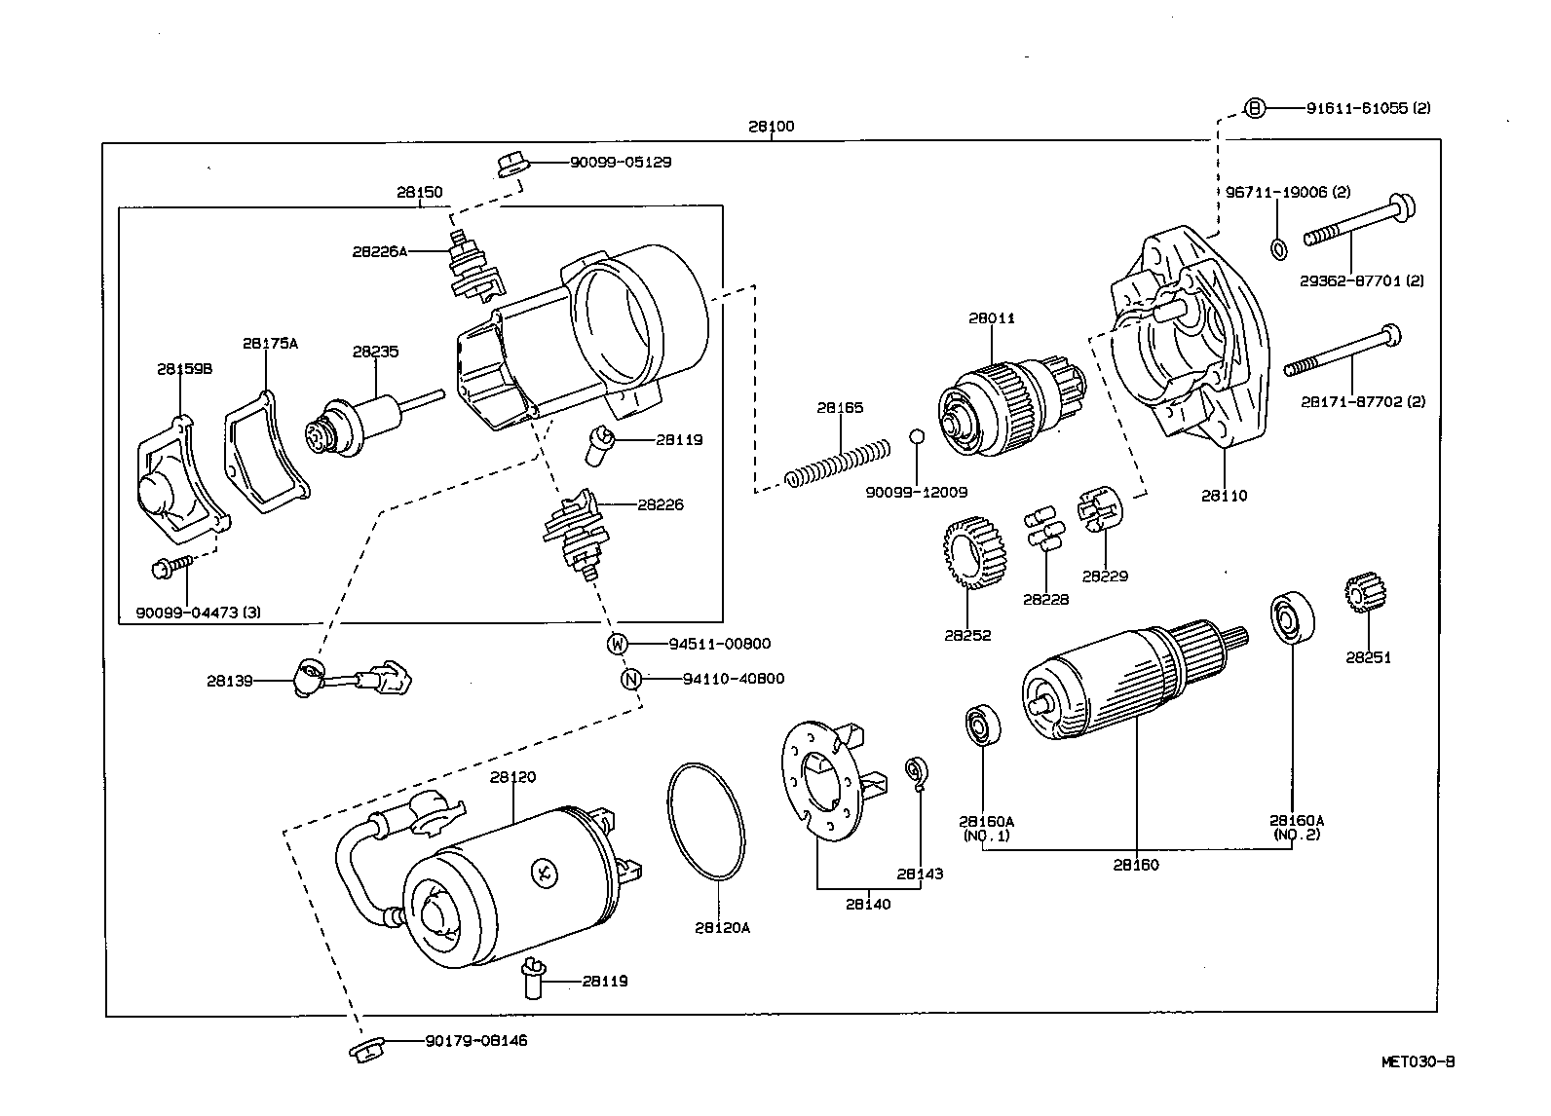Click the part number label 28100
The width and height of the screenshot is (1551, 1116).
771,126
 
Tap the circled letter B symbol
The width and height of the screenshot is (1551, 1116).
1256,108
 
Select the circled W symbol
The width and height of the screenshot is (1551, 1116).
618,644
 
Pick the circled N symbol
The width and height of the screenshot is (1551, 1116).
632,679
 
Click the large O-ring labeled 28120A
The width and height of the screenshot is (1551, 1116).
705,822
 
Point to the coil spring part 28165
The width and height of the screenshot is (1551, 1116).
838,463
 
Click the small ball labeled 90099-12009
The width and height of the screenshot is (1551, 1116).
916,436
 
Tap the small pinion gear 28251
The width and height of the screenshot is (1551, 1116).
1361,595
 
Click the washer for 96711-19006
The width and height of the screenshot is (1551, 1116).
1278,247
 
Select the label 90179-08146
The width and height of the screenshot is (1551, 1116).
475,1040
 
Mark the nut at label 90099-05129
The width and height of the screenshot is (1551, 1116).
511,165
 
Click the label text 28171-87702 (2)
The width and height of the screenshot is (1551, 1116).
1362,401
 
